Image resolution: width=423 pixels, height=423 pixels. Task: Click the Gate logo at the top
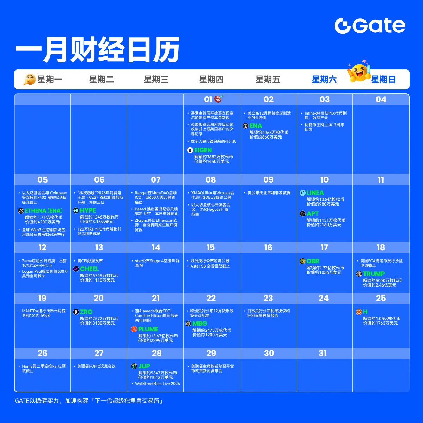click(370, 26)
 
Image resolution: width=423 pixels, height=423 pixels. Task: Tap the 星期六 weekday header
click(324, 80)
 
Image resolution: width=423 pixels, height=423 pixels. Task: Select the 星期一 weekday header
click(50, 80)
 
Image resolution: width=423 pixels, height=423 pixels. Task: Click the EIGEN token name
click(203, 150)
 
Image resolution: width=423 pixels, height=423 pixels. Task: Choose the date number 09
click(268, 180)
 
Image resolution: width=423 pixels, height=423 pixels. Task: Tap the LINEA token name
click(315, 193)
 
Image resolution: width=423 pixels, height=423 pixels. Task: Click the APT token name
click(312, 214)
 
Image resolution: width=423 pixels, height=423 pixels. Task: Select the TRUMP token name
click(374, 274)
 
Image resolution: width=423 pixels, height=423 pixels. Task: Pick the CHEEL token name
click(89, 269)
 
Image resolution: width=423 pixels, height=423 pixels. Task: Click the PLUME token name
click(148, 329)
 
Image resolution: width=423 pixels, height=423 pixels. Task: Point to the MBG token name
click(200, 324)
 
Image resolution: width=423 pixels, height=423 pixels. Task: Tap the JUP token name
click(144, 366)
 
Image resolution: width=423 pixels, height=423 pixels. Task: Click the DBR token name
click(313, 261)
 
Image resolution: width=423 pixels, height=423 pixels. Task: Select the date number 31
click(323, 353)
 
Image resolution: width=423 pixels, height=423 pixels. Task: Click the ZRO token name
click(86, 312)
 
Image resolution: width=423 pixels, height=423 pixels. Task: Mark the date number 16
click(268, 247)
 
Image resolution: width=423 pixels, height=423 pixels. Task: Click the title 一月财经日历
click(97, 50)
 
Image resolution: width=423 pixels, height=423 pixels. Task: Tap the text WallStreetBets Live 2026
click(157, 384)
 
